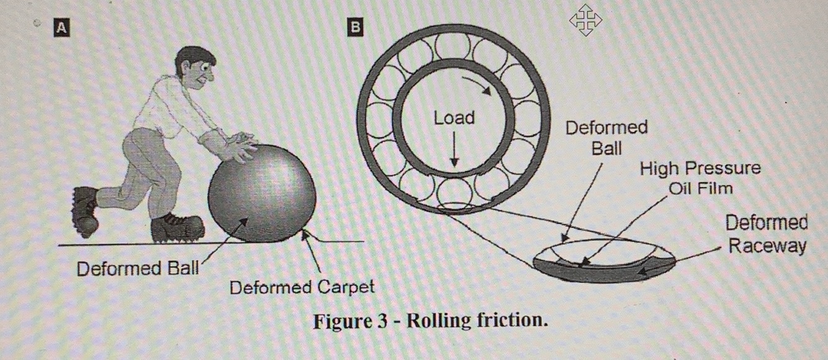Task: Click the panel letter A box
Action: point(61,27)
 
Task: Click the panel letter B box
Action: point(355,27)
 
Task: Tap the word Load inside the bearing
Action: point(454,118)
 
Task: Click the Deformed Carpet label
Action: point(302,287)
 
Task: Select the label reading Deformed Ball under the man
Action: point(137,269)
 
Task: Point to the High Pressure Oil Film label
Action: point(700,177)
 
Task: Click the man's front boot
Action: point(178,228)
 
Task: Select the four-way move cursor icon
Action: point(585,20)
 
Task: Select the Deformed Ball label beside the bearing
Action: point(606,138)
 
